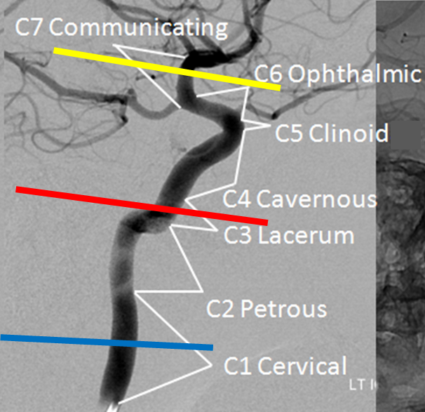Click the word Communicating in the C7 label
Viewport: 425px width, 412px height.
click(138, 28)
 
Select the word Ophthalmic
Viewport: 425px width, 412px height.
click(355, 74)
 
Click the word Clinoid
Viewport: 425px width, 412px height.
click(349, 133)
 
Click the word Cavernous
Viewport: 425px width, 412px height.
click(316, 199)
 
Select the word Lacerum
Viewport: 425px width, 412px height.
click(306, 235)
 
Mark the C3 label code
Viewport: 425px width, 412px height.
click(238, 235)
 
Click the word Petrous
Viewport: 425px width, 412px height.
click(284, 309)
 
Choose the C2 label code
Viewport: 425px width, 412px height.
click(220, 309)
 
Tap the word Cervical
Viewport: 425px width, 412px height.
click(302, 366)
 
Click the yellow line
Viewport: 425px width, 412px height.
click(167, 69)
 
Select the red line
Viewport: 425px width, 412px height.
click(142, 206)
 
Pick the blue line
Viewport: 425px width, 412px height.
click(107, 343)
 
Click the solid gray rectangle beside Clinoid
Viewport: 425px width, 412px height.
click(407, 135)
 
